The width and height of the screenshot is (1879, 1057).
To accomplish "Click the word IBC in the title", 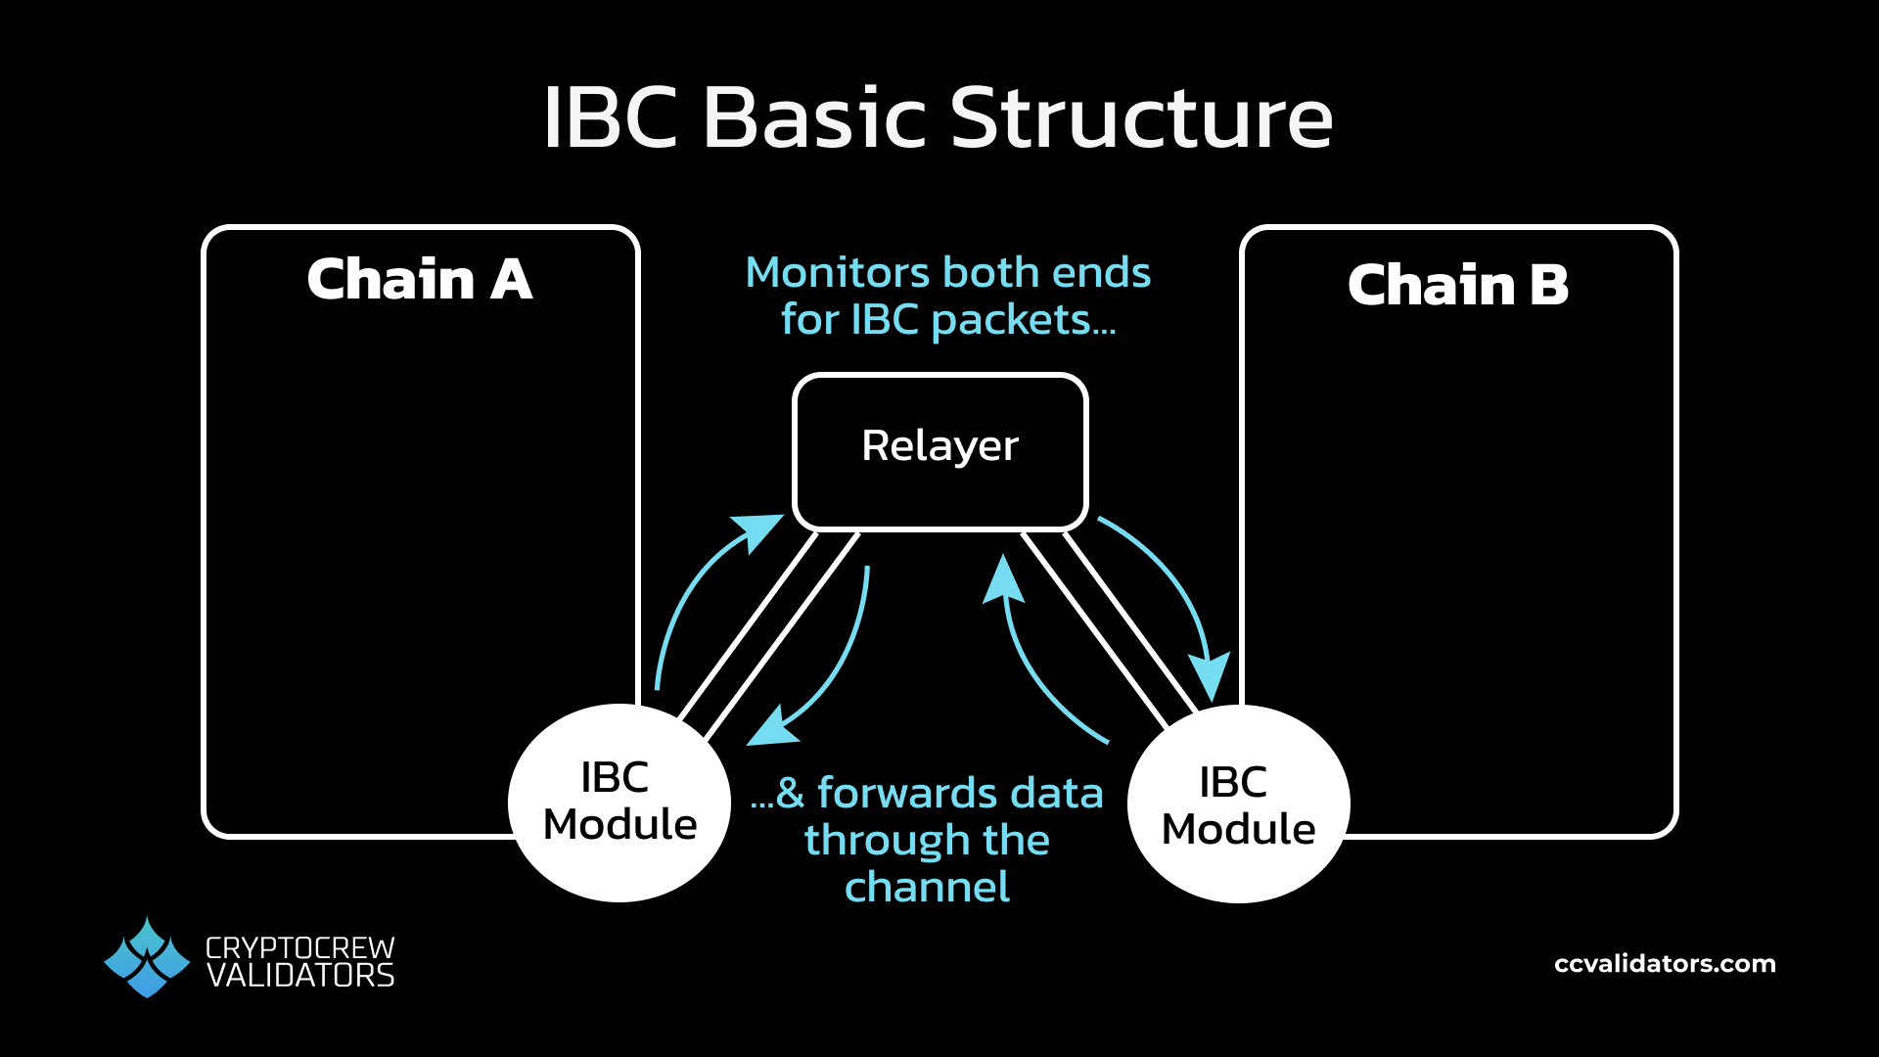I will (611, 118).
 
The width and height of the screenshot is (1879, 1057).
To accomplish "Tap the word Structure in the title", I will (1141, 118).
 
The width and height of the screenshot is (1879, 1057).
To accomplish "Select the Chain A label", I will (420, 280).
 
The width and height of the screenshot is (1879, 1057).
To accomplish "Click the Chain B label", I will (1457, 286).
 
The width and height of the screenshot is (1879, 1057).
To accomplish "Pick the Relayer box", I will (939, 450).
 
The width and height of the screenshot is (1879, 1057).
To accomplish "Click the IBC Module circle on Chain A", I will (619, 803).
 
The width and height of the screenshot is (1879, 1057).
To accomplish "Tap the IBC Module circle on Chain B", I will (1238, 804).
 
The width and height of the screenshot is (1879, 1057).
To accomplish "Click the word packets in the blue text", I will (1023, 320).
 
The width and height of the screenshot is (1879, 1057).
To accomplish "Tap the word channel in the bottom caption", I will (927, 888).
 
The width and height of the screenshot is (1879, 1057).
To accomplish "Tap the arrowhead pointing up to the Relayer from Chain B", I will (1003, 579).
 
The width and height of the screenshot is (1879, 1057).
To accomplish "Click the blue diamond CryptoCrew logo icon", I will (147, 958).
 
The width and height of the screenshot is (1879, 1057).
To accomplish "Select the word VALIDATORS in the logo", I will (300, 977).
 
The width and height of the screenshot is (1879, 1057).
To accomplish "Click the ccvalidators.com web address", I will (1665, 964).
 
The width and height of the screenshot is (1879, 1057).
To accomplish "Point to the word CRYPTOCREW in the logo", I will (299, 947).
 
